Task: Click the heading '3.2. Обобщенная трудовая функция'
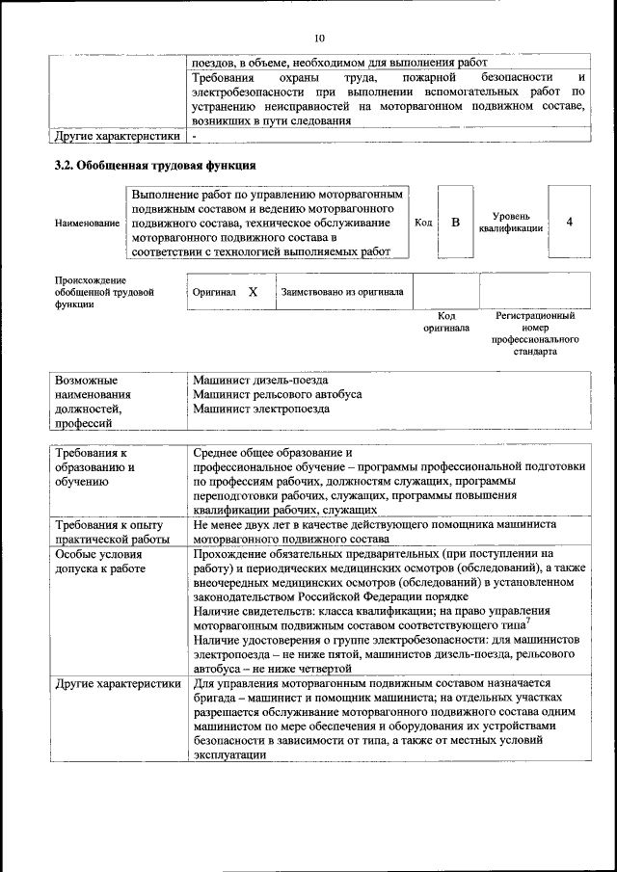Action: pyautogui.click(x=154, y=165)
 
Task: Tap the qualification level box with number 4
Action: pyautogui.click(x=569, y=223)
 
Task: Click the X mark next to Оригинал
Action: pyautogui.click(x=253, y=291)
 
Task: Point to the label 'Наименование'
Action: pyautogui.click(x=88, y=223)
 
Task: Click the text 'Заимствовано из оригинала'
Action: pyautogui.click(x=342, y=291)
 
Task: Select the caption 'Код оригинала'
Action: pyautogui.click(x=446, y=322)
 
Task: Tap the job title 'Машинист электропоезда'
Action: pyautogui.click(x=260, y=409)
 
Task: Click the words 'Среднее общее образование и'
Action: pyautogui.click(x=274, y=452)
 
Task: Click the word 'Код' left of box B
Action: pyautogui.click(x=422, y=223)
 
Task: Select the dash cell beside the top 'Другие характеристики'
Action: pyautogui.click(x=195, y=137)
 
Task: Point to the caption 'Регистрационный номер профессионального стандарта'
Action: pyautogui.click(x=534, y=333)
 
